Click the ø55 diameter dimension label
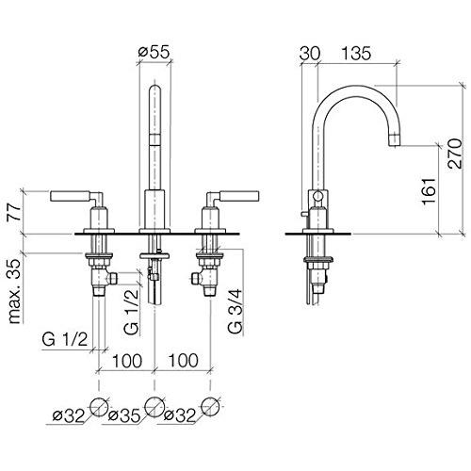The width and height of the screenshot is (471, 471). pos(154,52)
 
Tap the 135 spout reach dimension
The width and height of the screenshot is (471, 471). pos(356,53)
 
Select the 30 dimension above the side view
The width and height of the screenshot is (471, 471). pos(310,53)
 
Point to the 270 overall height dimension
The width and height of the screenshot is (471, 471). pos(455,154)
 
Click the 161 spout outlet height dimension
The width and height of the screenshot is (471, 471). pos(430,191)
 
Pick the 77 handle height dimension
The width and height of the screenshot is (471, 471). pos(14,212)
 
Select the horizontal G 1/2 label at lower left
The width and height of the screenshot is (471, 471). pos(65,339)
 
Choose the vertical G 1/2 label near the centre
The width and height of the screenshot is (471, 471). pos(131,311)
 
